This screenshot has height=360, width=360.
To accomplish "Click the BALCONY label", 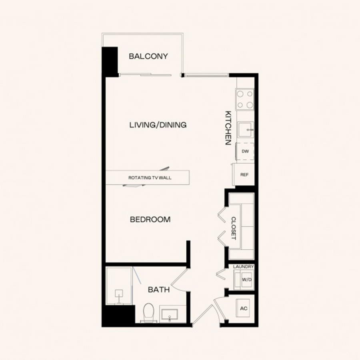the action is (x=148, y=56).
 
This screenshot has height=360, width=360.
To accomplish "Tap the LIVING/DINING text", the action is (x=158, y=125).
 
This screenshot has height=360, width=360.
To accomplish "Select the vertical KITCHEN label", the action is (x=228, y=128).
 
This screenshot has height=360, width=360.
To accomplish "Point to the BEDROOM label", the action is (x=150, y=220).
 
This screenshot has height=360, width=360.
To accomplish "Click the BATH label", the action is (x=159, y=290).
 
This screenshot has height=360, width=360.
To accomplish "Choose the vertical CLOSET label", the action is (x=234, y=228).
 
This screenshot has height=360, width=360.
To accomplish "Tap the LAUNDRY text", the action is (x=243, y=267).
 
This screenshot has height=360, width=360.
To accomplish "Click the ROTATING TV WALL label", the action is (x=150, y=178).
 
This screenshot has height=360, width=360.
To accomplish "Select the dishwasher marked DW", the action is (x=245, y=151).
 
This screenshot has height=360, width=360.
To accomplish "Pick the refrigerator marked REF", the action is (x=244, y=174).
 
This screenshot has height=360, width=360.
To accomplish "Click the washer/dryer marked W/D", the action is (x=244, y=280).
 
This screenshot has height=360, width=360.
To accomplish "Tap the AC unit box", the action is (x=243, y=308).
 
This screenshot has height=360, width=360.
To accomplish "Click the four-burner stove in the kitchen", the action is (x=245, y=100).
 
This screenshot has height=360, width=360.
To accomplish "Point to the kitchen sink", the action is (x=246, y=130).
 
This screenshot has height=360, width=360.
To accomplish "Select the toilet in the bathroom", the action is (x=148, y=312).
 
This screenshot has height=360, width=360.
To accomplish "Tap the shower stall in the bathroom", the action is (x=119, y=286).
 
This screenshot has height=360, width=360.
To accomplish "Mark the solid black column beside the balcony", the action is (x=110, y=62).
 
